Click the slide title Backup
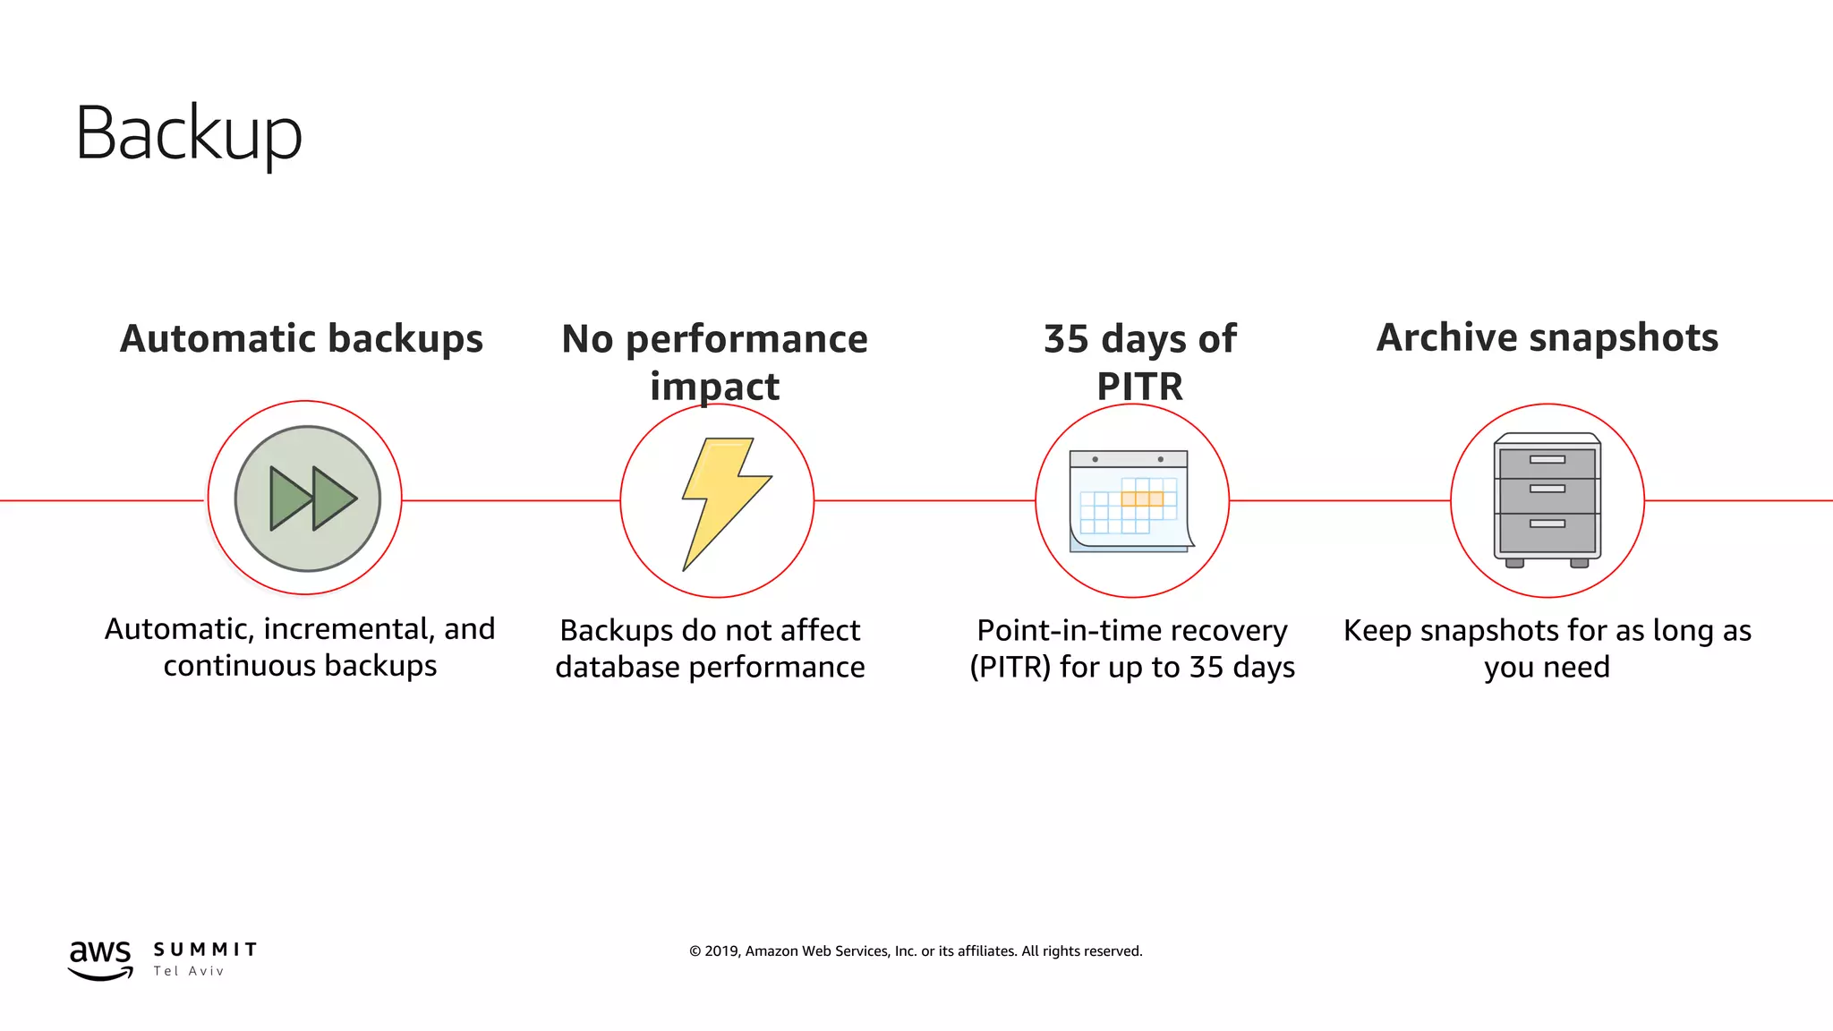(188, 133)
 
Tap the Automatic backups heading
(302, 338)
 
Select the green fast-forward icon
(307, 498)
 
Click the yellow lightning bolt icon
(723, 501)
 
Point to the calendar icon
(1130, 501)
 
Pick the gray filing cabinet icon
(1547, 499)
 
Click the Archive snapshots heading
(1547, 337)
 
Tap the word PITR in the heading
(1139, 387)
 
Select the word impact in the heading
(714, 387)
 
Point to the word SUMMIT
(205, 950)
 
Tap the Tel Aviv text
(189, 971)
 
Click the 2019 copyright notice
(916, 951)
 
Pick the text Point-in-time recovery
(1131, 631)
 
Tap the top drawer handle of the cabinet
(1547, 460)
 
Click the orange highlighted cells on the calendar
(1142, 498)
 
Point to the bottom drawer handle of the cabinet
(1547, 524)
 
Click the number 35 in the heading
(1066, 339)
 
